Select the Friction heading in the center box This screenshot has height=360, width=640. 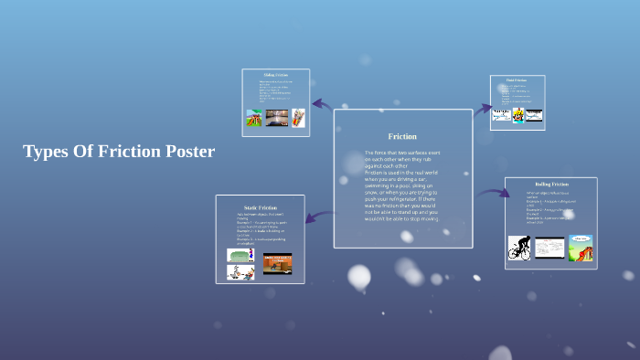point(402,136)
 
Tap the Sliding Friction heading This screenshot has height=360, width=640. point(275,75)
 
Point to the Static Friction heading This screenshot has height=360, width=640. point(261,208)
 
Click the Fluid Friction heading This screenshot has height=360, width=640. point(517,80)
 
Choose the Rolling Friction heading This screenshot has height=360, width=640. point(551,184)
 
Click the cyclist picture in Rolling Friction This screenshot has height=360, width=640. point(519,248)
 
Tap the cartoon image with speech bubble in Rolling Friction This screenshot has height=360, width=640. point(581,248)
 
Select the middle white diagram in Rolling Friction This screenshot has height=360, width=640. point(549,248)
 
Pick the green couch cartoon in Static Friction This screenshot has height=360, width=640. point(240,256)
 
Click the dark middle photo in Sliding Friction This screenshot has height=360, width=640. point(276,119)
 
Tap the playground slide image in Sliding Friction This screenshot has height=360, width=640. point(254,119)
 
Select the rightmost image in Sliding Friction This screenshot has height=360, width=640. point(298,119)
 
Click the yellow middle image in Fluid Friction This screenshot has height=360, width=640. point(517,116)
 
